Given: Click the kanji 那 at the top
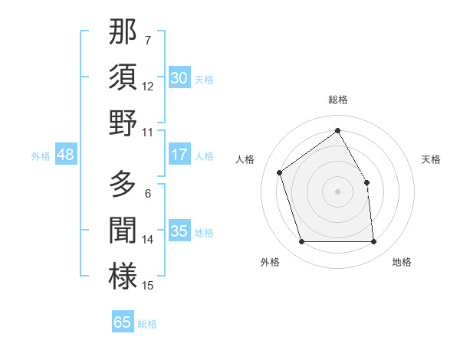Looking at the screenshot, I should click(123, 31).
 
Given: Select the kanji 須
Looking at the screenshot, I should click(123, 77).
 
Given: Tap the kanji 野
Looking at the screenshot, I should click(123, 123).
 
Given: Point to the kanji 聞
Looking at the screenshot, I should click(123, 231).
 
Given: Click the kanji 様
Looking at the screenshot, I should click(123, 276).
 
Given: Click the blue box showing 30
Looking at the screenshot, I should click(179, 77).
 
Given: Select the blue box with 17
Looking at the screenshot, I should click(179, 155).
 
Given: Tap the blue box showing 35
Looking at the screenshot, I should click(179, 231).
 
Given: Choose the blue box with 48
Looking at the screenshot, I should click(66, 155).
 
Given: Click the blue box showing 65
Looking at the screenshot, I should click(123, 322).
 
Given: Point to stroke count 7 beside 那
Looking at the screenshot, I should click(148, 39).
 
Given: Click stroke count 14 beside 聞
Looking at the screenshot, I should click(148, 239).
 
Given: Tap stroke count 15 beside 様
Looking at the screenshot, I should click(148, 286).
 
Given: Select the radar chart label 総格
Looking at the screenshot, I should click(337, 100).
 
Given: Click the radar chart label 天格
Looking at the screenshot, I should click(431, 159).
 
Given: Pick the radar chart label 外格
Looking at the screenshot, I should click(270, 263).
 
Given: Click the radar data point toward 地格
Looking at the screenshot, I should click(373, 242).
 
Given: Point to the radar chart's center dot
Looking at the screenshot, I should click(337, 191).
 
